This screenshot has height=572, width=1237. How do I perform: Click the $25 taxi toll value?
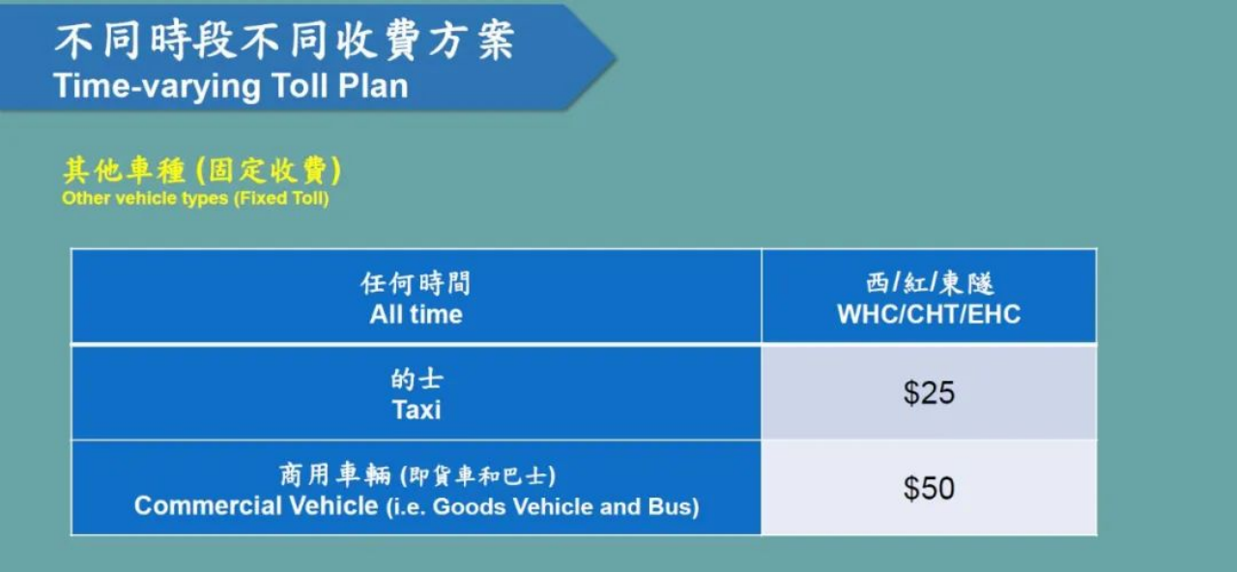coord(929,393)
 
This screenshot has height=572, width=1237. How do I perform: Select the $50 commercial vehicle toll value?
coord(929,489)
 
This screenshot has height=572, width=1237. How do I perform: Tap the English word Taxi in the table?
coord(417,410)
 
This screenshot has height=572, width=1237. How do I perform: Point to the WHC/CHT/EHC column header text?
coord(929,314)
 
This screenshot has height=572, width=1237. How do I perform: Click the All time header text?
coord(416,314)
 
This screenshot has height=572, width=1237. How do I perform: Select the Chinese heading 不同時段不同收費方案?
coord(284,42)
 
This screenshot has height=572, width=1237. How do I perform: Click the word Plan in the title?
coord(373,86)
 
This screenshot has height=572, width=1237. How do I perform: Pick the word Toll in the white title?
coord(300,86)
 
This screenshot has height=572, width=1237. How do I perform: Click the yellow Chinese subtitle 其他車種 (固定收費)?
coord(202,170)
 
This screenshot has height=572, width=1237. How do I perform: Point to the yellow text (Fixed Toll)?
coord(281,198)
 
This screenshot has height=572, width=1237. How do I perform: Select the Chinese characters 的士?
coord(417,380)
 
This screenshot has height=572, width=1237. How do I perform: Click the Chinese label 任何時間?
coord(416,283)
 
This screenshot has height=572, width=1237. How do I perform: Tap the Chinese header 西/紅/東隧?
coord(930,283)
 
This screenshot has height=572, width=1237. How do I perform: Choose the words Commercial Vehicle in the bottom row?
coord(256,505)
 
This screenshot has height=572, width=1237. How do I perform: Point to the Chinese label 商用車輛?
coord(334,475)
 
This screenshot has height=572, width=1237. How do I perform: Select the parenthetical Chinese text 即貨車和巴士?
coord(477,476)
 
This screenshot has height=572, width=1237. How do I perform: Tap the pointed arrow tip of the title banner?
coord(615,57)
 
